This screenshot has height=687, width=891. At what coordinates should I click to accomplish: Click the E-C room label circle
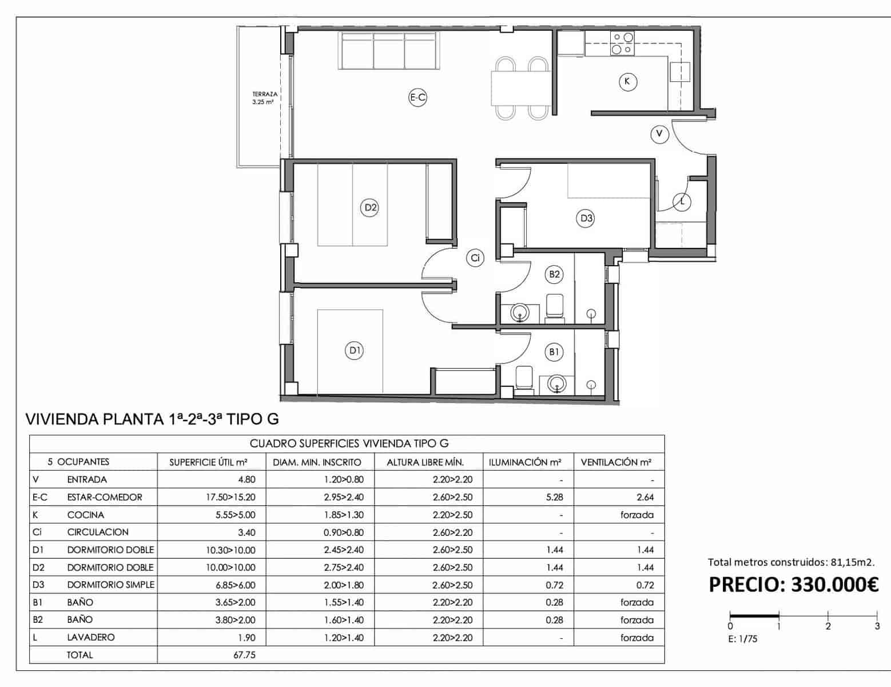coord(418,97)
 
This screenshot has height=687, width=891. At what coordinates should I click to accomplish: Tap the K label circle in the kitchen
coord(627,81)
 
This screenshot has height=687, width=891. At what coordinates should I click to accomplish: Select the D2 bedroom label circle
coord(371,207)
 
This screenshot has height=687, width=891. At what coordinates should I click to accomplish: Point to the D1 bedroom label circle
coord(355,350)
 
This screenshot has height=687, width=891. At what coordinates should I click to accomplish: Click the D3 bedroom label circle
coord(586,218)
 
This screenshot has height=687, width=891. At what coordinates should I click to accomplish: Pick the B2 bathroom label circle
coord(554,274)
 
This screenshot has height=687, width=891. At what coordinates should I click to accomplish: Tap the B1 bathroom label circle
coord(554,352)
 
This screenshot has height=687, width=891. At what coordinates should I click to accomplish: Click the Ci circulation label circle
coord(475,258)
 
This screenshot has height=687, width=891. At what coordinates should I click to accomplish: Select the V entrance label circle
coord(659,134)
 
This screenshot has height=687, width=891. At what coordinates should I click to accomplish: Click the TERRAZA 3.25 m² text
coord(264,98)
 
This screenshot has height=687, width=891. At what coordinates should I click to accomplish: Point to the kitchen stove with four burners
coord(622,44)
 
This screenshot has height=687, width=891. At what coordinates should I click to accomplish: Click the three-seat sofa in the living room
coord(389,50)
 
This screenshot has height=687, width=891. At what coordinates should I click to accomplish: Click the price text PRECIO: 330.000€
coord(793,585)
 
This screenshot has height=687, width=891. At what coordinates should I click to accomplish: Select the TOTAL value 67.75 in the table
coord(244,655)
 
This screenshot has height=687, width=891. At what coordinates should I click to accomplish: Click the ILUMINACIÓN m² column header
coord(525,462)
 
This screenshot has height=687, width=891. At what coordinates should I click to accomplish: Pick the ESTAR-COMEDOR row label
coord(104,497)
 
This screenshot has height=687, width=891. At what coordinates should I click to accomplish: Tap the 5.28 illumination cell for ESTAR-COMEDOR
coord(554,497)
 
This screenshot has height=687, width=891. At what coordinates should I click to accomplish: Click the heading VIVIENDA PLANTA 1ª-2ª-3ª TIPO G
coord(152,419)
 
